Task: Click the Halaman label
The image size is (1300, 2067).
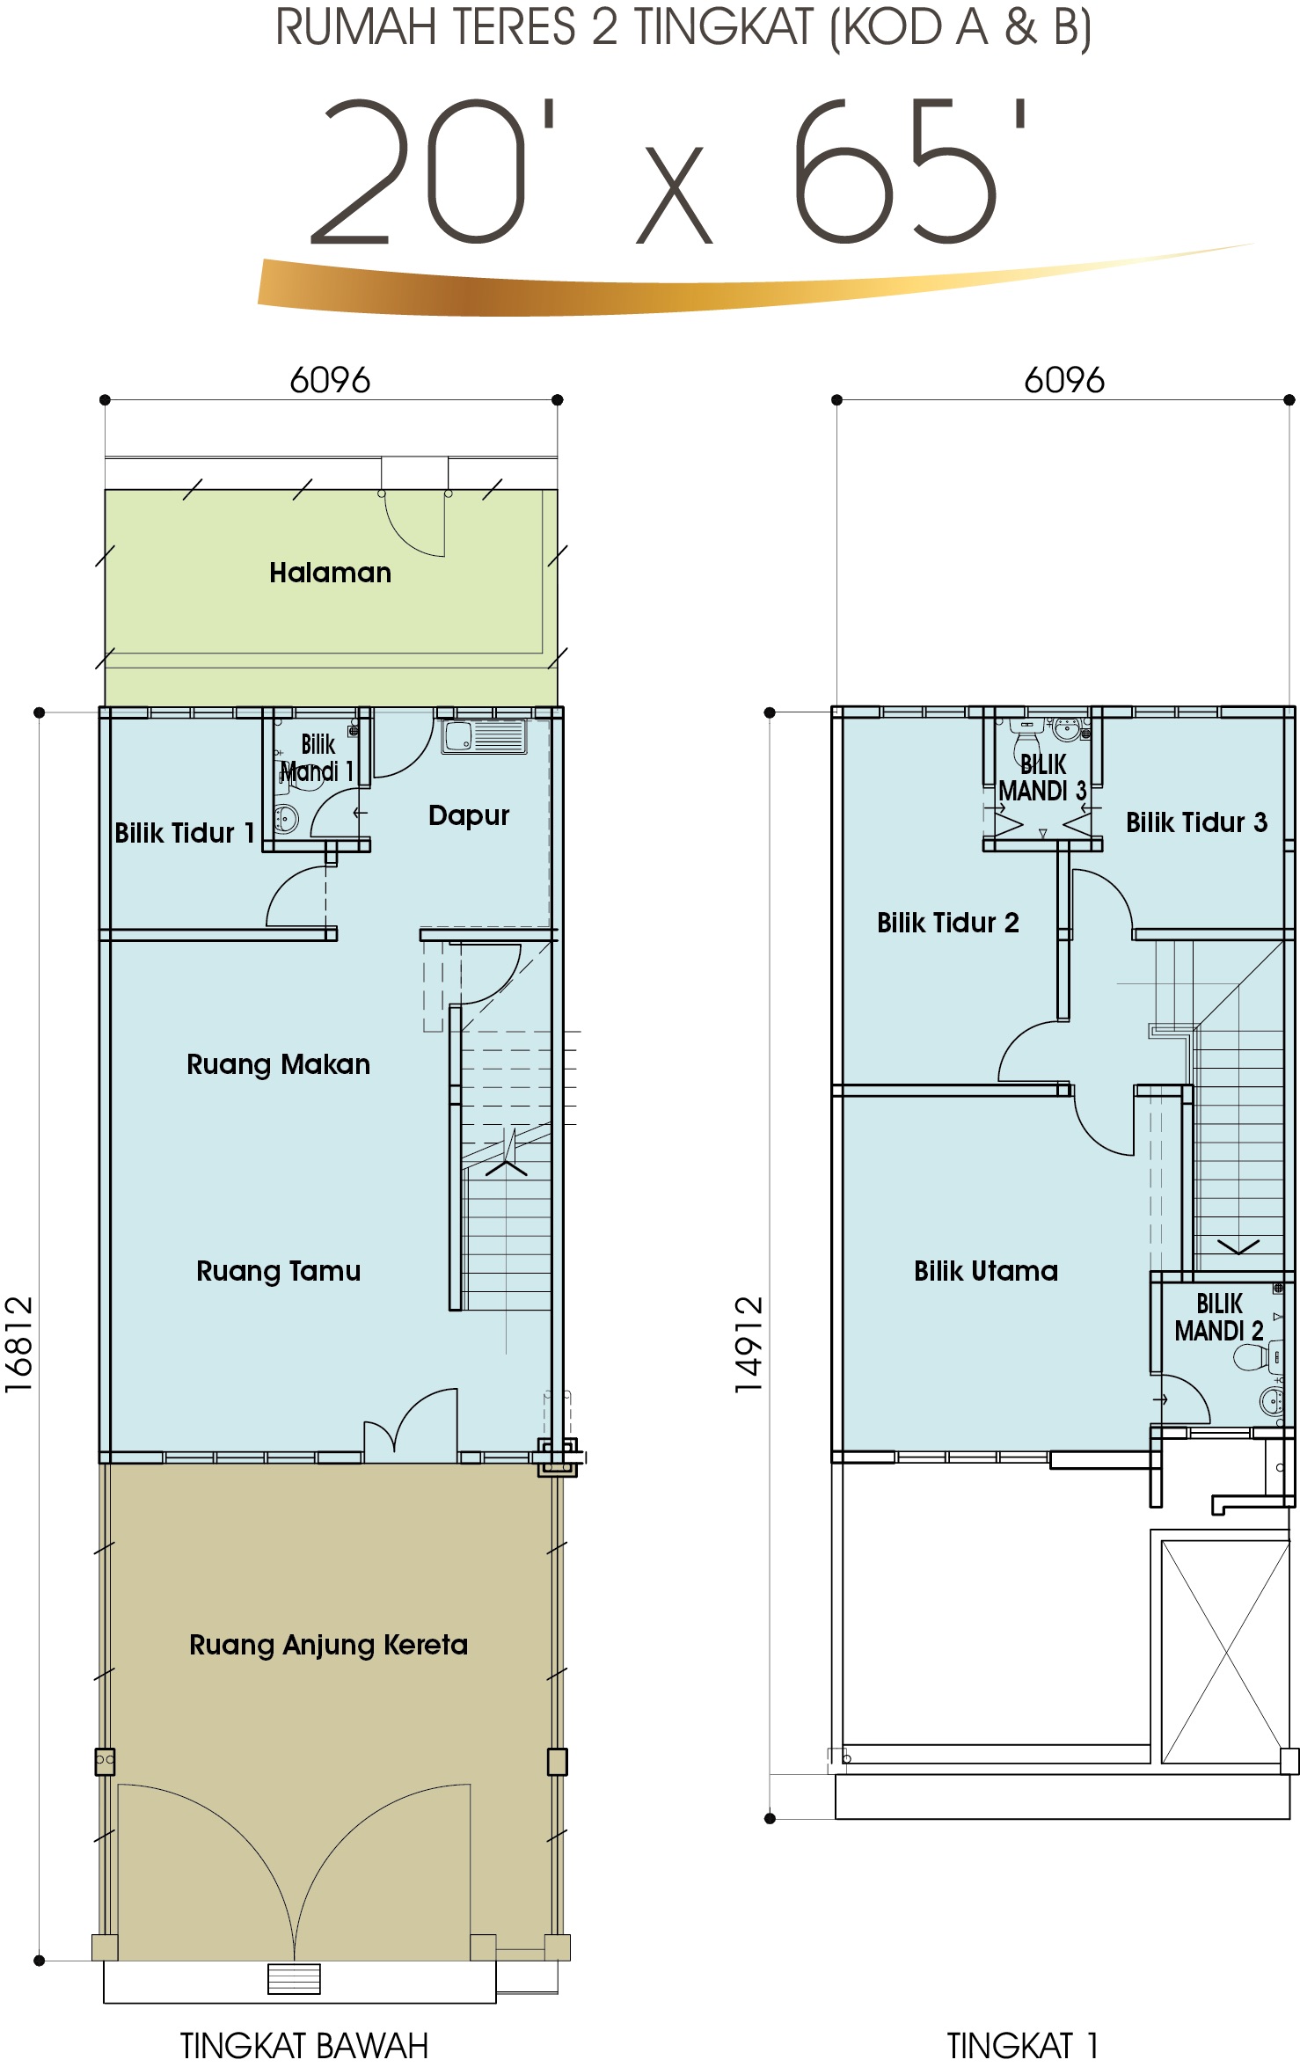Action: [330, 573]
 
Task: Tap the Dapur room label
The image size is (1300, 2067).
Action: [469, 815]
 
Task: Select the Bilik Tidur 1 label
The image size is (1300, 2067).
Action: [185, 833]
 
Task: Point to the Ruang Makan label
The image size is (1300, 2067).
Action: [278, 1065]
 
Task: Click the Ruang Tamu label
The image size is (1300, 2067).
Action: [278, 1271]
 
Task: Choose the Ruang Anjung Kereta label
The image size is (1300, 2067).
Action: [329, 1646]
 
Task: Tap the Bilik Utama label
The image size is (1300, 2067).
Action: [986, 1271]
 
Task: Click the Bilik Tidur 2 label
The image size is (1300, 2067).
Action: [948, 923]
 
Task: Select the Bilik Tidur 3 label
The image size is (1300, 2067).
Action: [1197, 822]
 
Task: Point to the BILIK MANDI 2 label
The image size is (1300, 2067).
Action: [1219, 1317]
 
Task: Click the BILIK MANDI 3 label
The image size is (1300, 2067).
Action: [1043, 778]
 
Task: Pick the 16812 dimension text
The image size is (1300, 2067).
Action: [18, 1345]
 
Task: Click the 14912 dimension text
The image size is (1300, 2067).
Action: [749, 1345]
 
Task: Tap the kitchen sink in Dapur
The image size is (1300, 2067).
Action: [485, 737]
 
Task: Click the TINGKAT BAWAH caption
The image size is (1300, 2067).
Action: [304, 2045]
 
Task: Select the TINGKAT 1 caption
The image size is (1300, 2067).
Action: [1023, 2045]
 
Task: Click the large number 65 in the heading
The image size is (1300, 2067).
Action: [895, 171]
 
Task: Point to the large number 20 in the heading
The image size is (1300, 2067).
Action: [417, 171]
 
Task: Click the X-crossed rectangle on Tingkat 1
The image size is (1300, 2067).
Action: [1225, 1653]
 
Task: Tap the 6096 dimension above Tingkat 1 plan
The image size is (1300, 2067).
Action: [1064, 380]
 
